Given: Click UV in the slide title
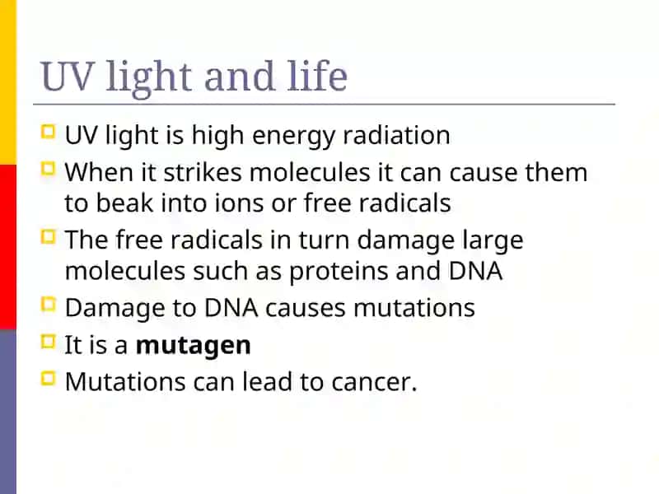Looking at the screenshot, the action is pyautogui.click(x=66, y=77).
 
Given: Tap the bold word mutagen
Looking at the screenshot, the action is pyautogui.click(x=194, y=346).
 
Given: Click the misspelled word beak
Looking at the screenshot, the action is pyautogui.click(x=124, y=203).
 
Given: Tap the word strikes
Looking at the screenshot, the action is pyautogui.click(x=203, y=172).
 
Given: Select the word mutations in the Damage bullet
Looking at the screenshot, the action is pyautogui.click(x=414, y=308).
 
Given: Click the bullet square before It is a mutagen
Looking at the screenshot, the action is pyautogui.click(x=49, y=342).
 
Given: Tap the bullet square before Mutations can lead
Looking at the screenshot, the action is pyautogui.click(x=49, y=379).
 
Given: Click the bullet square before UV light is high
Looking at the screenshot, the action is pyautogui.click(x=49, y=132).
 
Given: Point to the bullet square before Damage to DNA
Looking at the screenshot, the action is pyautogui.click(x=49, y=305).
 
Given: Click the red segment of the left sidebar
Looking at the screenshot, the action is pyautogui.click(x=8, y=247).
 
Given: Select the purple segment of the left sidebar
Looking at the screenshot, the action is pyautogui.click(x=8, y=412).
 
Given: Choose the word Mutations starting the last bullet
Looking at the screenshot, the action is pyautogui.click(x=125, y=382).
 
